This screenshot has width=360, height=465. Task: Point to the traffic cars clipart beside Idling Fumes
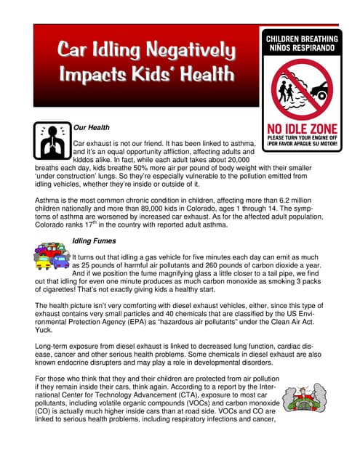click(x=52, y=257)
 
